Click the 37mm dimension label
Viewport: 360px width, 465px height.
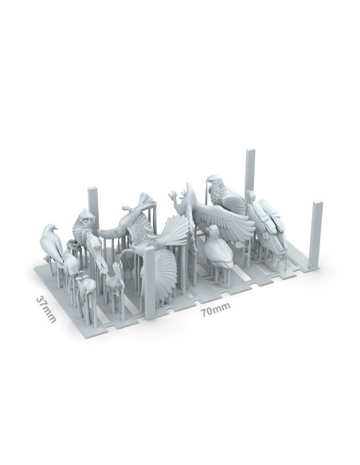point(46,309)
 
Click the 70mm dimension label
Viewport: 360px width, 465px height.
point(215,309)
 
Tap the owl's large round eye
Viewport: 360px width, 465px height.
point(86,221)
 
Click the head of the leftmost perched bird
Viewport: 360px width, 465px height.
point(49,229)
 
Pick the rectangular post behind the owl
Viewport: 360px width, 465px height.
point(93,205)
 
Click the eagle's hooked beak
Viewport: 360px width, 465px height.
point(209,181)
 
